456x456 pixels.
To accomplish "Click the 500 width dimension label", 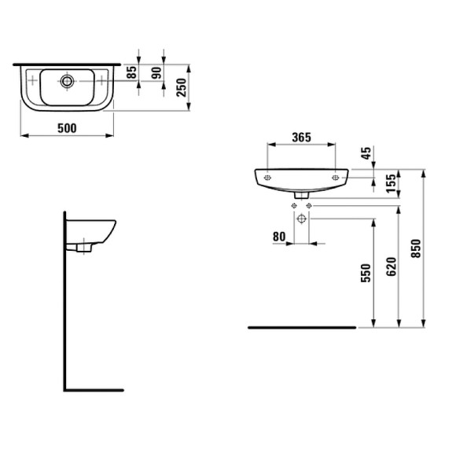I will click(x=66, y=128).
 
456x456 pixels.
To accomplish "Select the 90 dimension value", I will click(x=156, y=75).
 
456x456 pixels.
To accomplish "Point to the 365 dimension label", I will click(x=301, y=137).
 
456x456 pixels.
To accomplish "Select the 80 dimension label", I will click(x=278, y=236).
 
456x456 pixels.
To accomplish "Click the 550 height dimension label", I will click(x=366, y=272).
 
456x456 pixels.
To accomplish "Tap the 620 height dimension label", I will click(x=392, y=266).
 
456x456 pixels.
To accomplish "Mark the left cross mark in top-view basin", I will click(x=31, y=80).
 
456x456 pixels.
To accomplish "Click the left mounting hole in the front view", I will click(x=268, y=178).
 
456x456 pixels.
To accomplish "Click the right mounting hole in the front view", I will click(x=336, y=178).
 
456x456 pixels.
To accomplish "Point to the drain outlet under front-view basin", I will click(x=301, y=193).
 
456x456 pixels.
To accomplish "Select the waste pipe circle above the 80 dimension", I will click(x=301, y=218).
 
